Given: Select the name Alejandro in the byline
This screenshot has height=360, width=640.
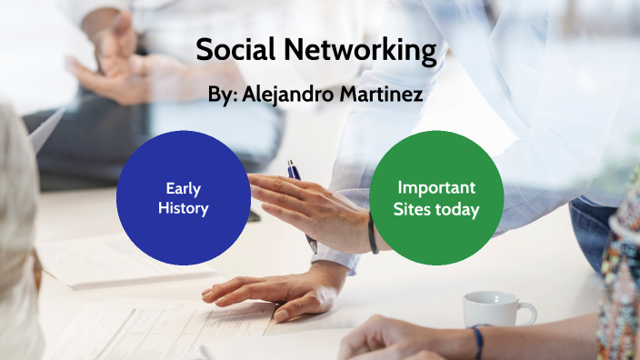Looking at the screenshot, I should coord(290,95).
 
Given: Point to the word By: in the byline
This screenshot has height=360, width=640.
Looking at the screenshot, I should coord(224,95).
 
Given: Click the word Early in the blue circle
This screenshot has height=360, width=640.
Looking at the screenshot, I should coord(184,189).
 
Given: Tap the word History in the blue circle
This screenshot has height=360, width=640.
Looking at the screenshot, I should coord(184,208).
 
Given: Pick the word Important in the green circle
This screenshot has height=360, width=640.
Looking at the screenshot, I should coord(436,188).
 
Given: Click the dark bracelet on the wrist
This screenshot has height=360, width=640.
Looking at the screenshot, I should coord(372,235).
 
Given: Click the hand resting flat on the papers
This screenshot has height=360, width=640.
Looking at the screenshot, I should coord(264,293).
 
